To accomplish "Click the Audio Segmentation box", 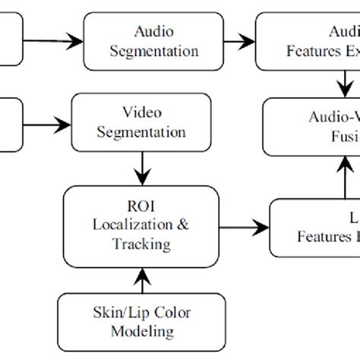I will coord(154,42).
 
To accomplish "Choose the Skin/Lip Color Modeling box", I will coord(131,321).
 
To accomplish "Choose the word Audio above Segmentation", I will coord(154,33).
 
